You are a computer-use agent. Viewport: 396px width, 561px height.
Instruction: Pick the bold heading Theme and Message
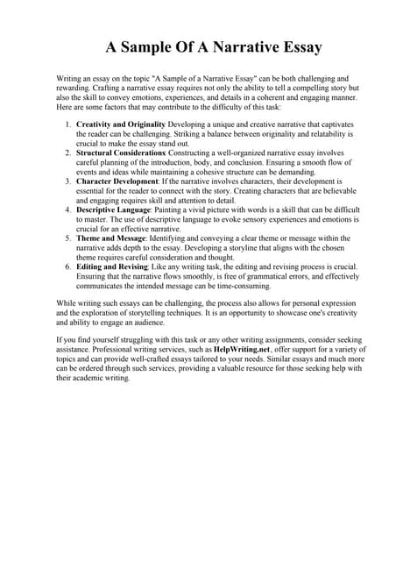point(112,238)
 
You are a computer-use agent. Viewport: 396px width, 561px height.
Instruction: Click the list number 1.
point(68,124)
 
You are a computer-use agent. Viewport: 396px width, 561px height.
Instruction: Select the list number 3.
point(68,181)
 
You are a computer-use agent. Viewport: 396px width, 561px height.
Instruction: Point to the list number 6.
point(68,266)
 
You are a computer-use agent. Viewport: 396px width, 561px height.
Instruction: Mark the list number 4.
point(68,209)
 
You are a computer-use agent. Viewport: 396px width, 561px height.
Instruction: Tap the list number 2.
point(68,153)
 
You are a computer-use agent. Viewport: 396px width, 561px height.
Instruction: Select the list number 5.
point(68,238)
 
